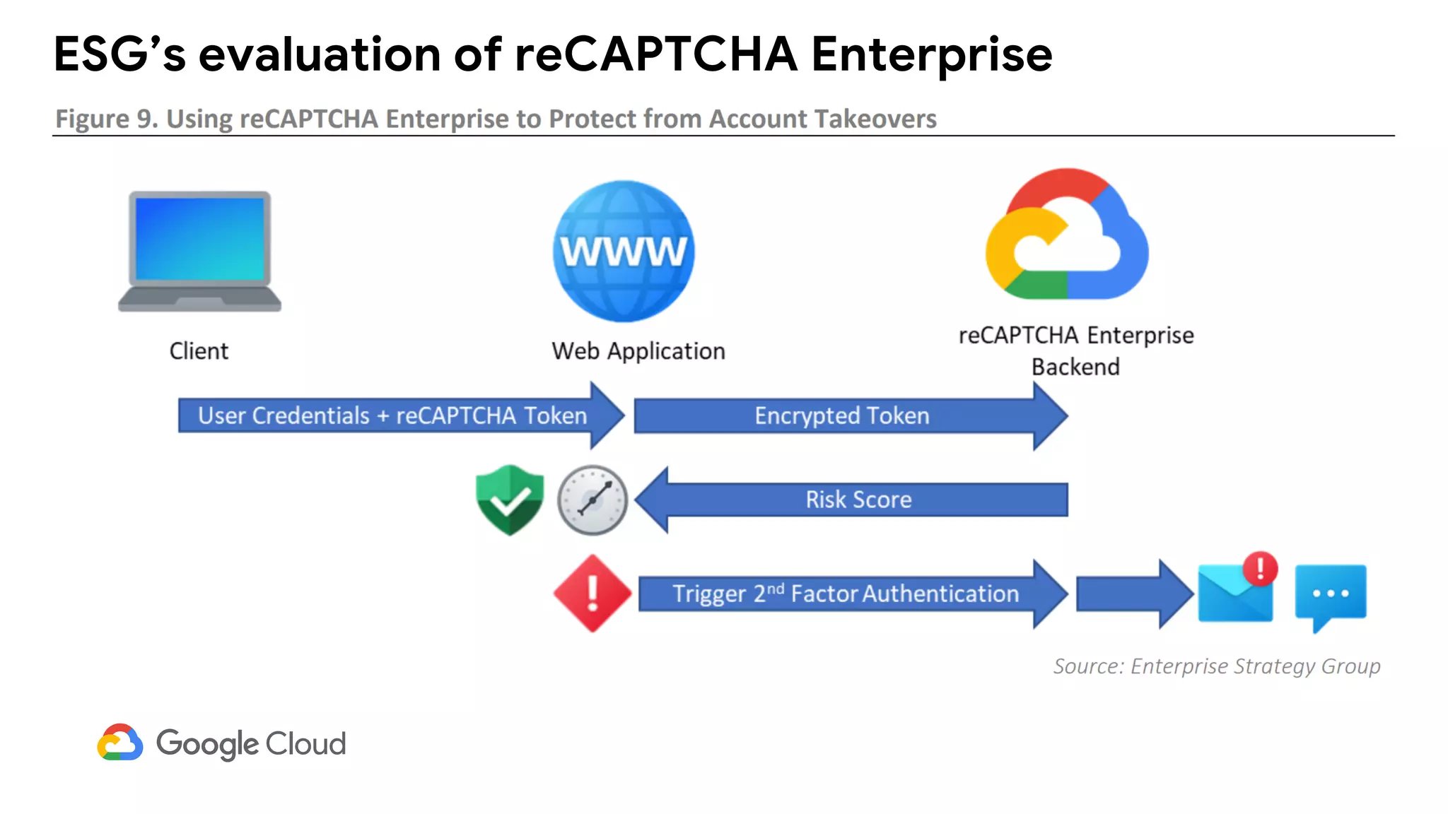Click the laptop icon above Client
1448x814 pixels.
point(199,251)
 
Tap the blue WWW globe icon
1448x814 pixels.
point(624,252)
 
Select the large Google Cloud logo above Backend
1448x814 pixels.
point(1066,235)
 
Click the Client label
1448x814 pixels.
point(199,351)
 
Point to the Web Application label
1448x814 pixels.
point(638,351)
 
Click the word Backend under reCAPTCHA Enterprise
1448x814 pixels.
point(1075,367)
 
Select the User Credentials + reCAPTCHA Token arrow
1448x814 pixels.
point(393,415)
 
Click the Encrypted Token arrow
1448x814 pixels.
point(841,415)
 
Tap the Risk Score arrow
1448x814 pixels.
point(858,500)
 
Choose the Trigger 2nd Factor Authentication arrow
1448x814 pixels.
point(846,594)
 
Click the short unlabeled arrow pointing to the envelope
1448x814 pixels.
point(1131,594)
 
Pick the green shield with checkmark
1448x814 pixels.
point(510,500)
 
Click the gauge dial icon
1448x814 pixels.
point(592,500)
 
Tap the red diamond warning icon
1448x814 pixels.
point(592,594)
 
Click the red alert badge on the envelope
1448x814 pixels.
point(1260,568)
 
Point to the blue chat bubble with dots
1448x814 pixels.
point(1330,594)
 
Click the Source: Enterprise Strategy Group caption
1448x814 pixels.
point(1216,666)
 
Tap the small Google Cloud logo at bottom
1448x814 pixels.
point(120,743)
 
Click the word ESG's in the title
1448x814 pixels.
point(119,54)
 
